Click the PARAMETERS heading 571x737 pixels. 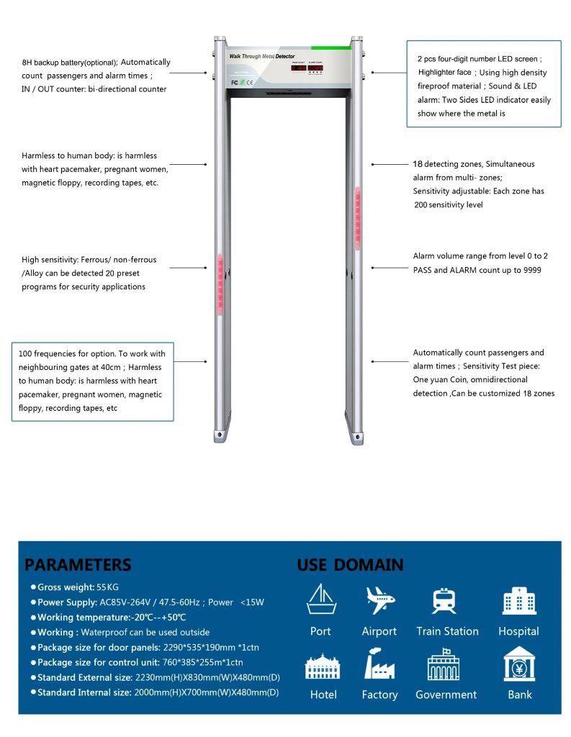(78, 564)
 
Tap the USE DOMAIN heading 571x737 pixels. (350, 564)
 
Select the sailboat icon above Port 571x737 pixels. (321, 600)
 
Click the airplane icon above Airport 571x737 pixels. (379, 600)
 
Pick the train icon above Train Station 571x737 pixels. (444, 600)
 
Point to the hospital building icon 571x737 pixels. (518, 600)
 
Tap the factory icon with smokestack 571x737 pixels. (379, 664)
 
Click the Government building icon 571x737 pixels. (444, 664)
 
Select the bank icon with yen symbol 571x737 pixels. (518, 664)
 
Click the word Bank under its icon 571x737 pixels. (518, 695)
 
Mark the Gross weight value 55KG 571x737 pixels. (108, 587)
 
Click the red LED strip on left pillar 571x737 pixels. (220, 285)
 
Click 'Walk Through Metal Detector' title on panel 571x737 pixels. (261, 56)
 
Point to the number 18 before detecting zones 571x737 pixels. (418, 164)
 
